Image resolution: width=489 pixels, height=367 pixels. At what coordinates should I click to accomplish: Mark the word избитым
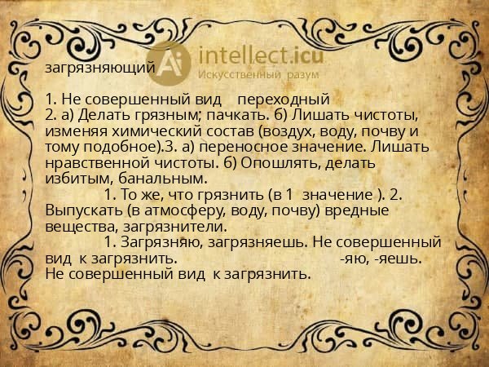pos(74,177)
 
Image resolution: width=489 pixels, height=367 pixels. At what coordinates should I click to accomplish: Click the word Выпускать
pos(81,210)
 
